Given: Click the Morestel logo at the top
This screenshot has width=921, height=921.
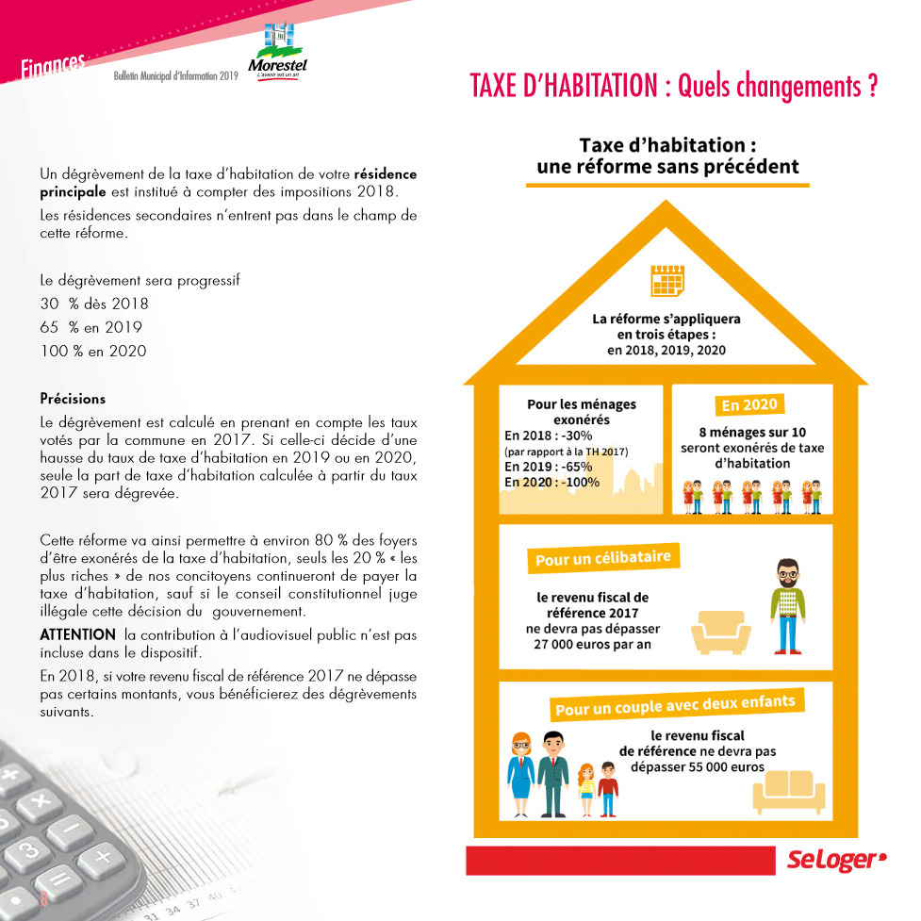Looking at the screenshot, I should pyautogui.click(x=277, y=52).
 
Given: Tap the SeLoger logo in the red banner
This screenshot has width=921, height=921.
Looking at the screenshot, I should pyautogui.click(x=837, y=860).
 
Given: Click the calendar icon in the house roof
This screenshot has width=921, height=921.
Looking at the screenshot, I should pyautogui.click(x=667, y=280).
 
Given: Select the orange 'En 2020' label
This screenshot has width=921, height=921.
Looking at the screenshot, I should pyautogui.click(x=749, y=405).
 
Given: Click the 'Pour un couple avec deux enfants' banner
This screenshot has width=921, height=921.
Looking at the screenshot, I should pyautogui.click(x=674, y=704).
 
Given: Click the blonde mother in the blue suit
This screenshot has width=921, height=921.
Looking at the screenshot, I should pyautogui.click(x=520, y=773).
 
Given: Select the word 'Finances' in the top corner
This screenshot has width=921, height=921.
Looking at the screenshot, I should pyautogui.click(x=52, y=65).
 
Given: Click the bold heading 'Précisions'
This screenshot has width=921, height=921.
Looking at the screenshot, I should pyautogui.click(x=73, y=399).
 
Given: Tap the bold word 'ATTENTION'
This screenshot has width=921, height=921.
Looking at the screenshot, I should pyautogui.click(x=77, y=635).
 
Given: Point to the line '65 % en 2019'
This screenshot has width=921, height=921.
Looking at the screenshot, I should pyautogui.click(x=90, y=328).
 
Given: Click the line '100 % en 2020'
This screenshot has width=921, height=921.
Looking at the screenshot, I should pyautogui.click(x=93, y=352).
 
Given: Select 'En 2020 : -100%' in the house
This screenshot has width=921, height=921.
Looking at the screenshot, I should pyautogui.click(x=551, y=482).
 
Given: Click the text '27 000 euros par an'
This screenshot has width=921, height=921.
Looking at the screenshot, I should pyautogui.click(x=593, y=645).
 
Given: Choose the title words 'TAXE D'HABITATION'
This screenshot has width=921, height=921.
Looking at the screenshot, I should pyautogui.click(x=563, y=88).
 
